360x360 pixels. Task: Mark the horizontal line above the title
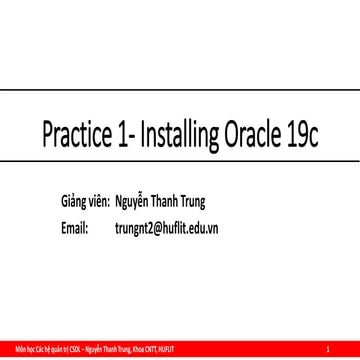click(x=180, y=89)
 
